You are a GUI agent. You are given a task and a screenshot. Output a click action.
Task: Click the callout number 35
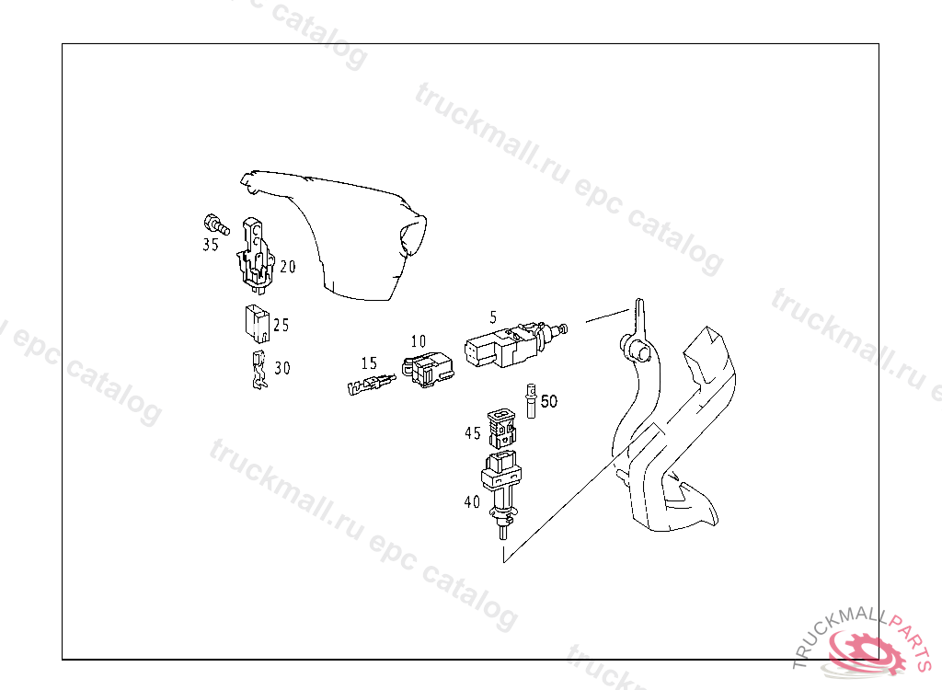click(211, 246)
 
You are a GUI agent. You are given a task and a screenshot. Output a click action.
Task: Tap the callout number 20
click(288, 267)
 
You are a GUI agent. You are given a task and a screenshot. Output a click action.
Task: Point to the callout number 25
click(281, 325)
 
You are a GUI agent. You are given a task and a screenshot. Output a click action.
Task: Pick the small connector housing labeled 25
click(256, 321)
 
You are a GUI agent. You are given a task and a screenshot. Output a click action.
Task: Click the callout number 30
click(281, 368)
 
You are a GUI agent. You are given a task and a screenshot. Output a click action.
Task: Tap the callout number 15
click(369, 363)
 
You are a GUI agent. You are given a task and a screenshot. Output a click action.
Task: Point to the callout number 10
click(419, 340)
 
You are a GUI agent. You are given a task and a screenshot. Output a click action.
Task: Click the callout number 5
click(493, 316)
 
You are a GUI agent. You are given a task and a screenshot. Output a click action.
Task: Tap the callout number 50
click(548, 402)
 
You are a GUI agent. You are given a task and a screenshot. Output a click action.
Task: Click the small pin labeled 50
click(531, 400)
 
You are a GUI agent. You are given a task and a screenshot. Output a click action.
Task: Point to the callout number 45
click(472, 433)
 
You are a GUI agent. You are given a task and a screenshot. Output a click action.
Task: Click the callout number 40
click(472, 502)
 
